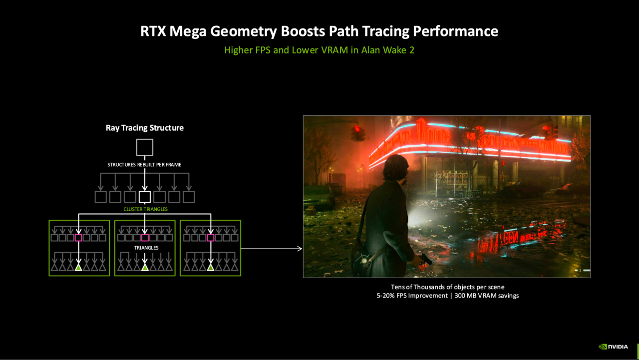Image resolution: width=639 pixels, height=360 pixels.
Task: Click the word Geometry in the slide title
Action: point(243,31)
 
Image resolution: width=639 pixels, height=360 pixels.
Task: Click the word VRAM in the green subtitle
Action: point(334,50)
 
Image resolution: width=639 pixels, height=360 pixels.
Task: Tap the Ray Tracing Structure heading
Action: point(145,128)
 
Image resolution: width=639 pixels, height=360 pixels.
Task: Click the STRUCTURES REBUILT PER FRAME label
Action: point(144,165)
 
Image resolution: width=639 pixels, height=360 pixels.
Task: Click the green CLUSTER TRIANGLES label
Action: point(145,209)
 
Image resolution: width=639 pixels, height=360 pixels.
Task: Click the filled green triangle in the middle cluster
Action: point(145,268)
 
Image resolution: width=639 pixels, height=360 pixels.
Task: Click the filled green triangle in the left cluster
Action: point(78,268)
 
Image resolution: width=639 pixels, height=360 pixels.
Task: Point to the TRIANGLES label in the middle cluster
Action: point(146,248)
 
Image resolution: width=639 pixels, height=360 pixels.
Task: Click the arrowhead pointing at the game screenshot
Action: point(300,249)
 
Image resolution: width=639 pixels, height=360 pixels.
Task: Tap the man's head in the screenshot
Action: point(394,168)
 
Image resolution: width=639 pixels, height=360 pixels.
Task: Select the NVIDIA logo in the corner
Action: point(614,347)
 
